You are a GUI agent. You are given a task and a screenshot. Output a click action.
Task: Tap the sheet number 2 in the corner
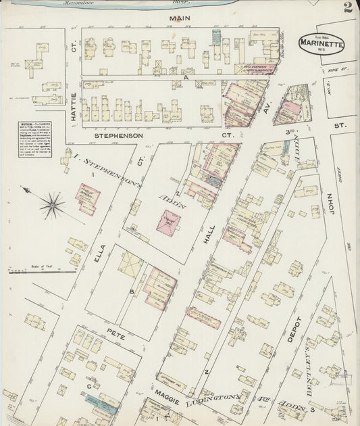point(346,8)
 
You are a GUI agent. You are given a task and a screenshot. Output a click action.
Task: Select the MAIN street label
point(179,19)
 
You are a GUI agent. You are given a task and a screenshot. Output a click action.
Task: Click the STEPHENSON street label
point(118,135)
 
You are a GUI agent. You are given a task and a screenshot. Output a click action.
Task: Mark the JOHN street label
point(331,203)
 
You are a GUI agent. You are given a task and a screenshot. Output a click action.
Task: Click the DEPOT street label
point(292,329)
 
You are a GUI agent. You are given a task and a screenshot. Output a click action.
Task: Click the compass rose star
point(52,205)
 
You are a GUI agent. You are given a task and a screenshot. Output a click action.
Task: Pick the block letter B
point(132,292)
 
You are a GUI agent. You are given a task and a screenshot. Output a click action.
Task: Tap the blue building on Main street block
point(216,37)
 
